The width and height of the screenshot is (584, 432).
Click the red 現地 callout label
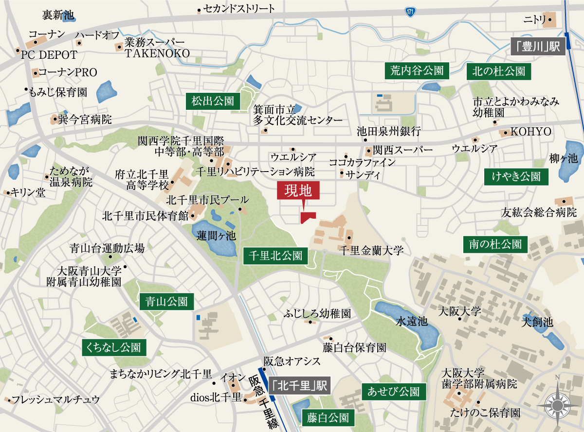(298, 190)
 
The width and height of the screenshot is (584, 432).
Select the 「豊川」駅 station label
(538, 47)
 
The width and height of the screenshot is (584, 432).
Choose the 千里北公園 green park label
(275, 255)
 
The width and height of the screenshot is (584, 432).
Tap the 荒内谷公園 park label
(417, 71)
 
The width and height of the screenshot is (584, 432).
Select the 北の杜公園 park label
(499, 71)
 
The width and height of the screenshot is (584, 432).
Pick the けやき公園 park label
(516, 176)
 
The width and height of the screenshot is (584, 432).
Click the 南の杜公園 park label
(495, 244)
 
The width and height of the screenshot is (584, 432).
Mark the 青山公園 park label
(166, 301)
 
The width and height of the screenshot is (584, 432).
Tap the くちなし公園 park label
(114, 347)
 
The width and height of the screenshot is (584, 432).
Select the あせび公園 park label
(394, 391)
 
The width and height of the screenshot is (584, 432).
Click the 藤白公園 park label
(328, 417)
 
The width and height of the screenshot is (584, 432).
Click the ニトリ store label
(533, 20)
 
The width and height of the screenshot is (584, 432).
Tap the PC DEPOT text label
(49, 54)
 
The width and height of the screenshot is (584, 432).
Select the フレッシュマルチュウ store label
(56, 400)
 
